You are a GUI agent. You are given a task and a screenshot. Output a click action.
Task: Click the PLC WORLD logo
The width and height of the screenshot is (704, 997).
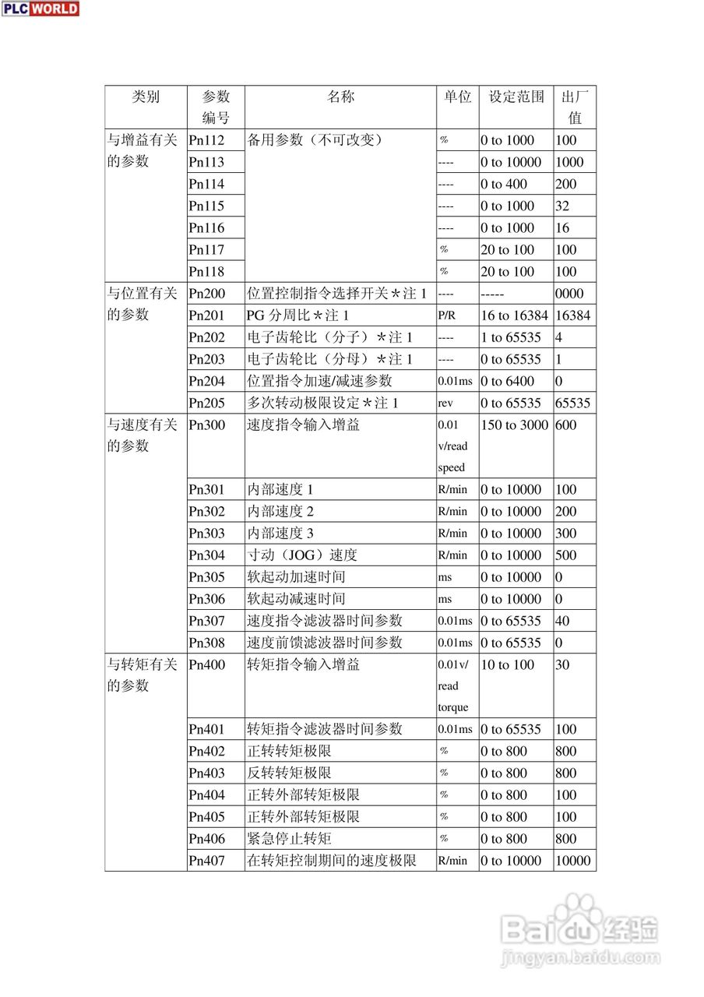pyautogui.click(x=40, y=9)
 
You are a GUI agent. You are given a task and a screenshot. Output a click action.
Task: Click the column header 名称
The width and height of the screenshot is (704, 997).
pyautogui.click(x=340, y=97)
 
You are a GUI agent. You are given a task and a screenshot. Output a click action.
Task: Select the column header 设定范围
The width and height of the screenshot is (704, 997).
pyautogui.click(x=516, y=97)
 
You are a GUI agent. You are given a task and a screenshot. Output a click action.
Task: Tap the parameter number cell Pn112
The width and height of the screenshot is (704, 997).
pyautogui.click(x=206, y=140)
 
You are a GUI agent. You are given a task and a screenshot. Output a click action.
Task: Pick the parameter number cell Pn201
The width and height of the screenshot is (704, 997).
pyautogui.click(x=206, y=315)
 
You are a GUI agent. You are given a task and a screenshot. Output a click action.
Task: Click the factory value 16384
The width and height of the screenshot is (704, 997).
pyautogui.click(x=574, y=315)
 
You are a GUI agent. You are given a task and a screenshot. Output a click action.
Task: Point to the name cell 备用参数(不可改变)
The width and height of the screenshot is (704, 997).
pyautogui.click(x=315, y=140)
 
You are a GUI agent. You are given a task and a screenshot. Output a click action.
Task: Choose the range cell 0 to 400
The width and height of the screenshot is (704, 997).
pyautogui.click(x=504, y=184)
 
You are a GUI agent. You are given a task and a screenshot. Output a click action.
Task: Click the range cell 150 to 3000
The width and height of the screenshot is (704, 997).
pyautogui.click(x=515, y=425)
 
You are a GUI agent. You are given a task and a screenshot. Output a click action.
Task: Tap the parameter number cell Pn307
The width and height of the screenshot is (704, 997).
pyautogui.click(x=206, y=621)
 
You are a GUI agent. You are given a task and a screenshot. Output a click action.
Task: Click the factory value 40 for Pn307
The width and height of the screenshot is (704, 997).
pyautogui.click(x=563, y=621)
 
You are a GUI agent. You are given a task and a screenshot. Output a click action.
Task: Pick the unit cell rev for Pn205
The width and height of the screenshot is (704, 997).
pyautogui.click(x=445, y=403)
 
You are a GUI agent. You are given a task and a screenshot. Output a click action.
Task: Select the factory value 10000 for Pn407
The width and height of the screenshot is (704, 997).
pyautogui.click(x=574, y=861)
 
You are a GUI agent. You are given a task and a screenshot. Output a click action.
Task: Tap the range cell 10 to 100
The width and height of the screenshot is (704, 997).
pyautogui.click(x=508, y=665)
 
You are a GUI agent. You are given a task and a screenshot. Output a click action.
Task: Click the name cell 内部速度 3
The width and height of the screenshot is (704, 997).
pyautogui.click(x=280, y=534)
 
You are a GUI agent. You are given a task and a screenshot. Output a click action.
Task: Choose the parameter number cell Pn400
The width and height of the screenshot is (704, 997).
pyautogui.click(x=206, y=665)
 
